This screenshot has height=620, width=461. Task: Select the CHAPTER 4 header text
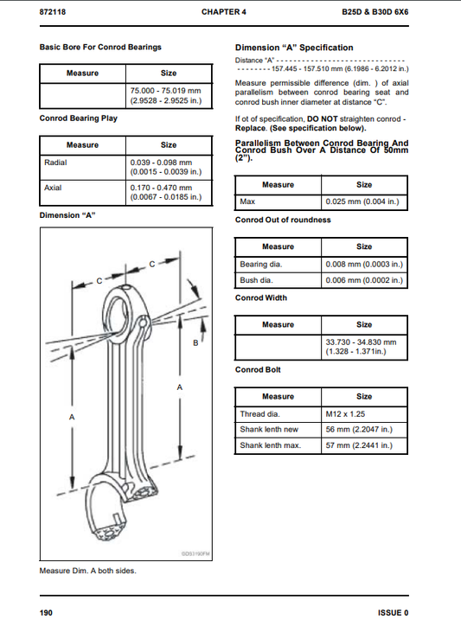[224, 13]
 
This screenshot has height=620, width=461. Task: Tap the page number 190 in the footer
[47, 612]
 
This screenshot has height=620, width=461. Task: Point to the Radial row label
[55, 162]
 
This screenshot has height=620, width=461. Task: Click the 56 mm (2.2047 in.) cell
[355, 430]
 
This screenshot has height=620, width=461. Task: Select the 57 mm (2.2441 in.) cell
[355, 445]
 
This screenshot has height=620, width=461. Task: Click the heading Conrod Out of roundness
[283, 220]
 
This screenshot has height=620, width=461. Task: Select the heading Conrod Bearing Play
[79, 118]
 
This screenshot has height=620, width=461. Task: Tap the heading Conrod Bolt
[258, 369]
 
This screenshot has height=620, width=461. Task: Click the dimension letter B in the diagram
[195, 343]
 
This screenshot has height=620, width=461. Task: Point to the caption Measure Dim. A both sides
[87, 571]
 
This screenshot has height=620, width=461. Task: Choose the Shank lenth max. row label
[270, 445]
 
